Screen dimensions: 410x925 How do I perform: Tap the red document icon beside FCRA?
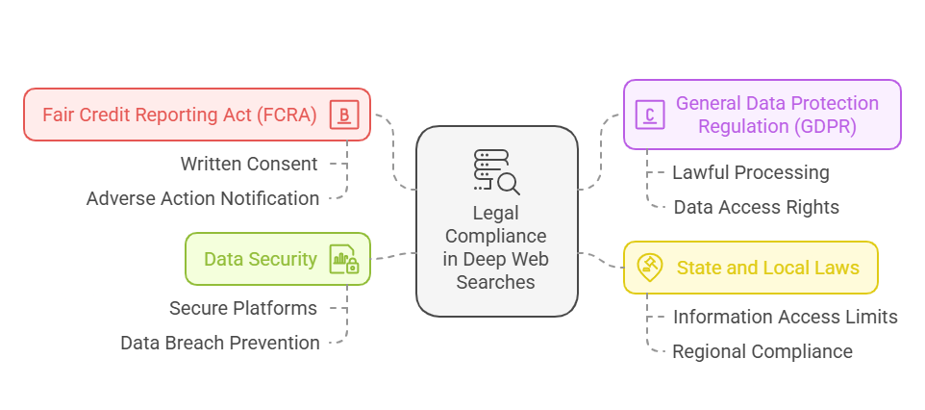coord(345,115)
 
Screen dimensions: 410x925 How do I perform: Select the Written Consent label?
coord(249,164)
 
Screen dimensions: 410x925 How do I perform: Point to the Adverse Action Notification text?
coord(203,198)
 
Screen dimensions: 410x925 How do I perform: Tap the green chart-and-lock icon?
coord(343,259)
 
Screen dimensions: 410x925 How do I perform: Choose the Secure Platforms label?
coord(243,308)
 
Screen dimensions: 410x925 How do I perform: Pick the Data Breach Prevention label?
coord(220,343)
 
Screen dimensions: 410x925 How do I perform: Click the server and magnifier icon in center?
coord(496,171)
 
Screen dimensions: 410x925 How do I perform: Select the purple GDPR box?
coord(762,115)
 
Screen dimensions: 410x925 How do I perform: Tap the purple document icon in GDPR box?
coord(650,115)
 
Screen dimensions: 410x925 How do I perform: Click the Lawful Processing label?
coord(750,172)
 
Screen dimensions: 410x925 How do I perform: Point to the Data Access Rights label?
coord(756,207)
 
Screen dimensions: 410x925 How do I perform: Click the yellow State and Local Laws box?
coord(750,268)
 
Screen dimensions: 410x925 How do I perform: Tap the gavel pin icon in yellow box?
coord(650,267)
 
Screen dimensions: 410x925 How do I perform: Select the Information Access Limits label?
coord(785,317)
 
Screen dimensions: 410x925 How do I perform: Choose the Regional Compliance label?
coord(762,351)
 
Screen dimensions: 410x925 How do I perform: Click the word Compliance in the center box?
coord(496,236)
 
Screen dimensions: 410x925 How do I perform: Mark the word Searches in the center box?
coord(496,282)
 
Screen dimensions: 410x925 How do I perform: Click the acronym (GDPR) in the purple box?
coord(821,126)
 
